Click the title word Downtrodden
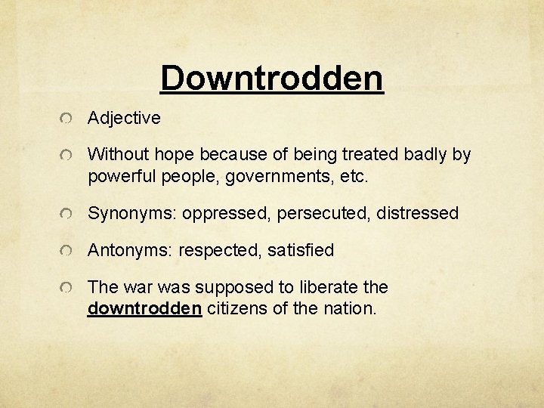pyautogui.click(x=272, y=78)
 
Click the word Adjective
pyautogui.click(x=124, y=118)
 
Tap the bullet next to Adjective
pyautogui.click(x=68, y=119)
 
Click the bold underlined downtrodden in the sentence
pyautogui.click(x=144, y=308)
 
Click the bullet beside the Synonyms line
pyautogui.click(x=68, y=215)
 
